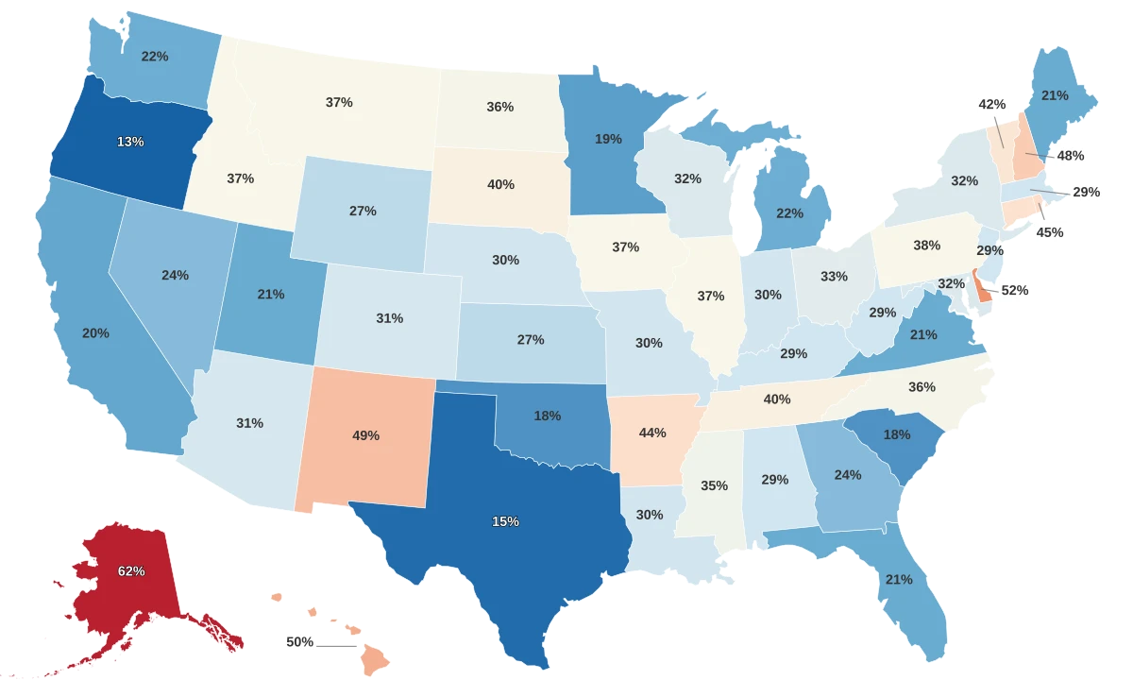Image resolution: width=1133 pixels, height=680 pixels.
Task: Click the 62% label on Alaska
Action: (131, 571)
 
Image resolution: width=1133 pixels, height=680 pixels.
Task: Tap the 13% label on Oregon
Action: (130, 142)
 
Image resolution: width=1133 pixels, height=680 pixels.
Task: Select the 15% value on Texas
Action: (505, 521)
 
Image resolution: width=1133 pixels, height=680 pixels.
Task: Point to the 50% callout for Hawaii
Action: (299, 642)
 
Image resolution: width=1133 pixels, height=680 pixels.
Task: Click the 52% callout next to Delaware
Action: (1014, 291)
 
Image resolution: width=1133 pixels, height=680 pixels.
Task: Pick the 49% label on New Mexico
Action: (365, 435)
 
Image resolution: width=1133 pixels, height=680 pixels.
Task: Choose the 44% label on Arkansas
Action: (652, 432)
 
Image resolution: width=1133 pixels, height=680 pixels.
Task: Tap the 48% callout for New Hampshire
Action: (1071, 155)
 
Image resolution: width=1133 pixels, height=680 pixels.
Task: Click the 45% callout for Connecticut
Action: (1049, 232)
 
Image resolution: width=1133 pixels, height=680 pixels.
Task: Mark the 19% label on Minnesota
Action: (608, 139)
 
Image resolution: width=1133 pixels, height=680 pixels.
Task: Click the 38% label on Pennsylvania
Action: (926, 246)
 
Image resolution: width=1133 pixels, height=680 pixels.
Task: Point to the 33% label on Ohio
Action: (834, 277)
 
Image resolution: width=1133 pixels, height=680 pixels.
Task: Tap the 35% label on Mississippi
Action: (714, 485)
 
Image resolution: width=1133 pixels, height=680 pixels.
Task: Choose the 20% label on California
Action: (95, 333)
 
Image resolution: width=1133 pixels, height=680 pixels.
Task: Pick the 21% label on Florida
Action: (899, 579)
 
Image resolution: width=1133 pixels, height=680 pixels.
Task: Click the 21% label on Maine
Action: (1055, 95)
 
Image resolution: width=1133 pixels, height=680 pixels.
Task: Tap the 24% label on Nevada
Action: (175, 275)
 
